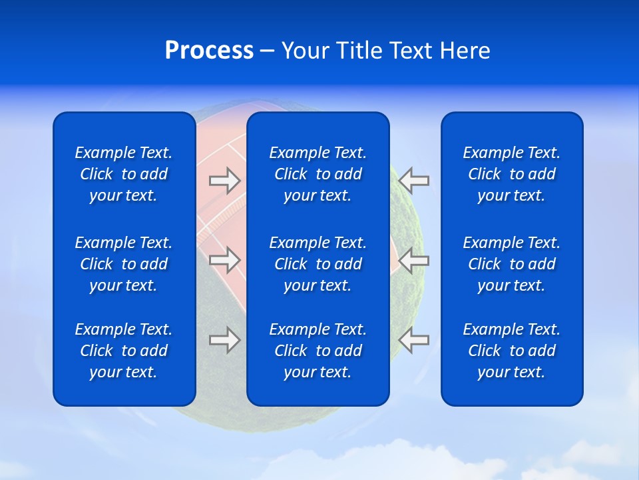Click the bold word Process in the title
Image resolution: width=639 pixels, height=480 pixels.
209,51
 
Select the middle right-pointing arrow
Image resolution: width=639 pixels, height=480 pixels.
224,260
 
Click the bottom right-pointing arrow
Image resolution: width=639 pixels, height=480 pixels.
224,340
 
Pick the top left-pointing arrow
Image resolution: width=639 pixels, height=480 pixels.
414,180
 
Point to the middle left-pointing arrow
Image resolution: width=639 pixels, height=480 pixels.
414,260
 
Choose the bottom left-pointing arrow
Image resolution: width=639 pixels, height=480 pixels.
414,340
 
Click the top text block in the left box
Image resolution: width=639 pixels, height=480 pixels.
124,174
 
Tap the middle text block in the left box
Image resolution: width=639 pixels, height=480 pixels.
124,264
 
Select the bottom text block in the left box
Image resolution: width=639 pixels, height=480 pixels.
124,351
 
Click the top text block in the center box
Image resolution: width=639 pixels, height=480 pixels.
318,174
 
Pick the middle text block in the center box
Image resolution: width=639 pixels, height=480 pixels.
318,264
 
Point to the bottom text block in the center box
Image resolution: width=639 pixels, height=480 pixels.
318,351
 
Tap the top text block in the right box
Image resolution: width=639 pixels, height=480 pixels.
512,174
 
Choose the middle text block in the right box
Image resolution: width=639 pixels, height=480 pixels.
512,264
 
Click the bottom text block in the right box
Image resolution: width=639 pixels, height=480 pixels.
512,351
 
